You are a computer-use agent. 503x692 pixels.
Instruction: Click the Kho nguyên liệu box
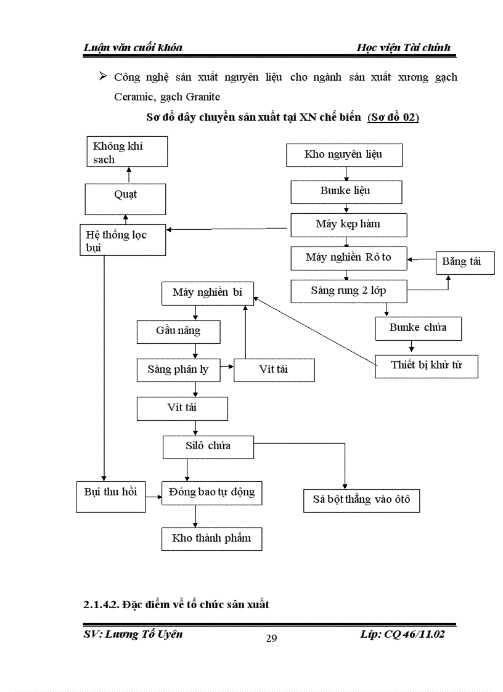coord(344,155)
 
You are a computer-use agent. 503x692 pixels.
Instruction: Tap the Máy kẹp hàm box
coord(348,224)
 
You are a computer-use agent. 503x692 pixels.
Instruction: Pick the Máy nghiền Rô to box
coord(349,258)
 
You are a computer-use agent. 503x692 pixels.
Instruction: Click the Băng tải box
coord(461,262)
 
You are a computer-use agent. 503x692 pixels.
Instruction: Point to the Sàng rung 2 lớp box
coord(349,291)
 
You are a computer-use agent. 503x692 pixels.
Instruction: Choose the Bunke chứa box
coord(418,328)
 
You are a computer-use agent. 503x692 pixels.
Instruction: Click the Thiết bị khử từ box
coord(427,365)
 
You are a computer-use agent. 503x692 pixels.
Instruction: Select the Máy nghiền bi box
coord(207,293)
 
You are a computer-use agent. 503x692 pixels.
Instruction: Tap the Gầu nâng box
coord(178,332)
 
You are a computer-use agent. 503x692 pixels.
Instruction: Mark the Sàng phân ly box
coord(178,370)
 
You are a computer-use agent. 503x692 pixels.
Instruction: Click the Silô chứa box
coord(208,446)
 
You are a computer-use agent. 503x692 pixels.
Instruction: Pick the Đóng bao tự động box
coord(208,493)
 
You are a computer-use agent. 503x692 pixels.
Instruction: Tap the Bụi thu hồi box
coord(110,492)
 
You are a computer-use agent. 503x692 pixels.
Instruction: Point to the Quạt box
coord(125,195)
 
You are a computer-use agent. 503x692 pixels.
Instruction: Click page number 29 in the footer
coord(271,638)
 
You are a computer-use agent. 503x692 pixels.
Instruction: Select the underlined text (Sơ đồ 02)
coord(393,118)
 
